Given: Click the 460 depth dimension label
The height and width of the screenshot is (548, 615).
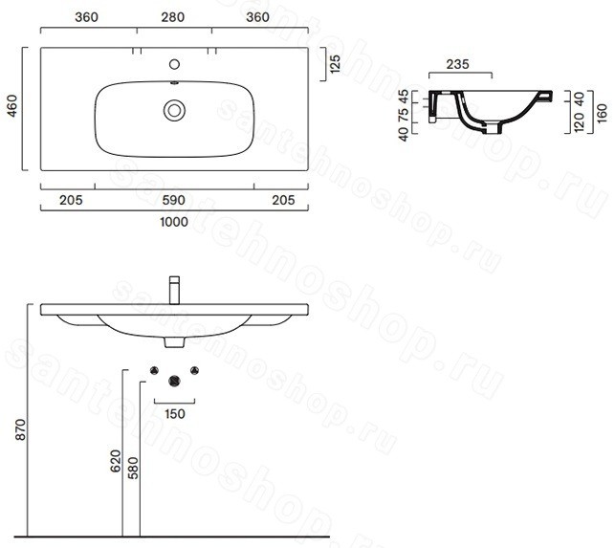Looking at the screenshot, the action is point(12,105).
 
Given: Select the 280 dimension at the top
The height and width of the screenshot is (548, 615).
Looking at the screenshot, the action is point(172,17).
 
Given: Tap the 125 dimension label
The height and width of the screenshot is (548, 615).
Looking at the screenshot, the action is point(335,64).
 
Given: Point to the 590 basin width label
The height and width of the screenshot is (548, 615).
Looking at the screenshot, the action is point(173,200).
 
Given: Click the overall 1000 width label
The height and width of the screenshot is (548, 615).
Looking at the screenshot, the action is point(174,222).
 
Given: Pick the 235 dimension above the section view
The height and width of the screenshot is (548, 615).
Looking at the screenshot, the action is point(457,64).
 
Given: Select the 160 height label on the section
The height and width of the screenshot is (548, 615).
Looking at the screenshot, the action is point(602,114).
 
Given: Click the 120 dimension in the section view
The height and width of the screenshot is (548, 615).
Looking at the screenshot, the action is point(580,121).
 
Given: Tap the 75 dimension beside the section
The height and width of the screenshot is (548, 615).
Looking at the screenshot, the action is point(403,114).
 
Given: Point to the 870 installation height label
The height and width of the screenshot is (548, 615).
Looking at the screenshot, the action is point(20,429).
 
